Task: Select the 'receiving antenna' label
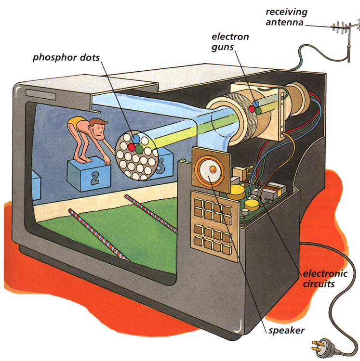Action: pyautogui.click(x=287, y=16)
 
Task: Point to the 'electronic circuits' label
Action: pyautogui.click(x=324, y=279)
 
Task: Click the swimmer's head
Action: pyautogui.click(x=98, y=129)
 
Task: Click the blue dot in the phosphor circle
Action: pyautogui.click(x=137, y=138)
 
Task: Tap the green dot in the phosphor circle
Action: pyautogui.click(x=139, y=149)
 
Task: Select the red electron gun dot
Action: pyautogui.click(x=251, y=109)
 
